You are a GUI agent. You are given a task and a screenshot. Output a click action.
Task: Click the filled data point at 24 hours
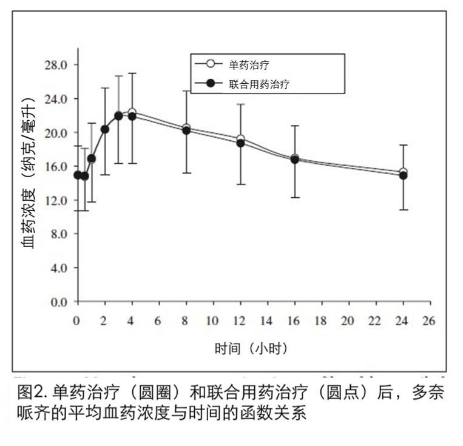(403, 175)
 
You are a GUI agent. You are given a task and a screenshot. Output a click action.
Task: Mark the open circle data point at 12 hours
(240, 139)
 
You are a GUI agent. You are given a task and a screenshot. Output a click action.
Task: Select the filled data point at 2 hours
(104, 129)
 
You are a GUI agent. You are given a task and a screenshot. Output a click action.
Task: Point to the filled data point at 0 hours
(77, 175)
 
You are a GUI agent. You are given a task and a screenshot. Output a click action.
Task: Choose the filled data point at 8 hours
(186, 130)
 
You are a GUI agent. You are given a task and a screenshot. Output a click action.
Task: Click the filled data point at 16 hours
(295, 160)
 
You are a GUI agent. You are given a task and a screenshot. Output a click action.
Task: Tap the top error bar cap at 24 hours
(403, 145)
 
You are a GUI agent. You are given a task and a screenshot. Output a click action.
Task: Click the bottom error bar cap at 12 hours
(240, 184)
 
